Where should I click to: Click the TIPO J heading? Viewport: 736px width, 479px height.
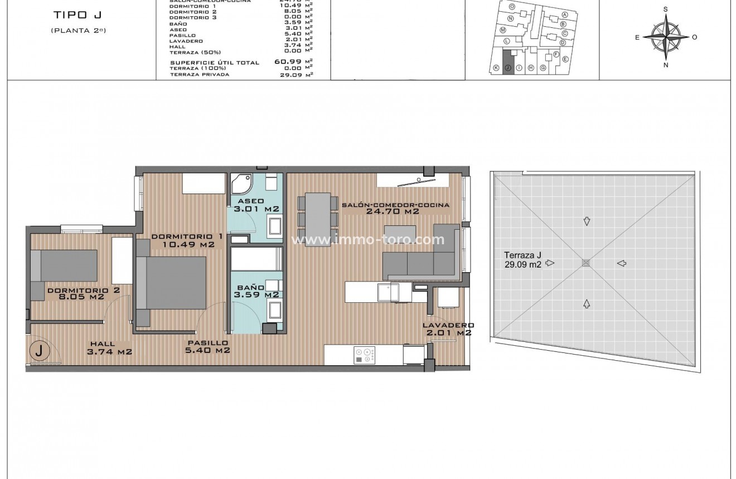coord(78,15)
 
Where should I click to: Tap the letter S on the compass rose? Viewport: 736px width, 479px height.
coord(665,9)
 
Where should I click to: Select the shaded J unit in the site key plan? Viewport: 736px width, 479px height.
coord(507,62)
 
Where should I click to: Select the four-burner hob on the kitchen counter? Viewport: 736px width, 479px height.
coord(365,356)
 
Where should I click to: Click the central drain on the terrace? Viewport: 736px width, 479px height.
coord(585,263)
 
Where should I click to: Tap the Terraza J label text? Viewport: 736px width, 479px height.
coord(522,260)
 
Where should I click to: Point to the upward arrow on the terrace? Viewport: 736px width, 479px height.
coord(586,304)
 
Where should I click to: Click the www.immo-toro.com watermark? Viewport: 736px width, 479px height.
coord(368,240)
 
